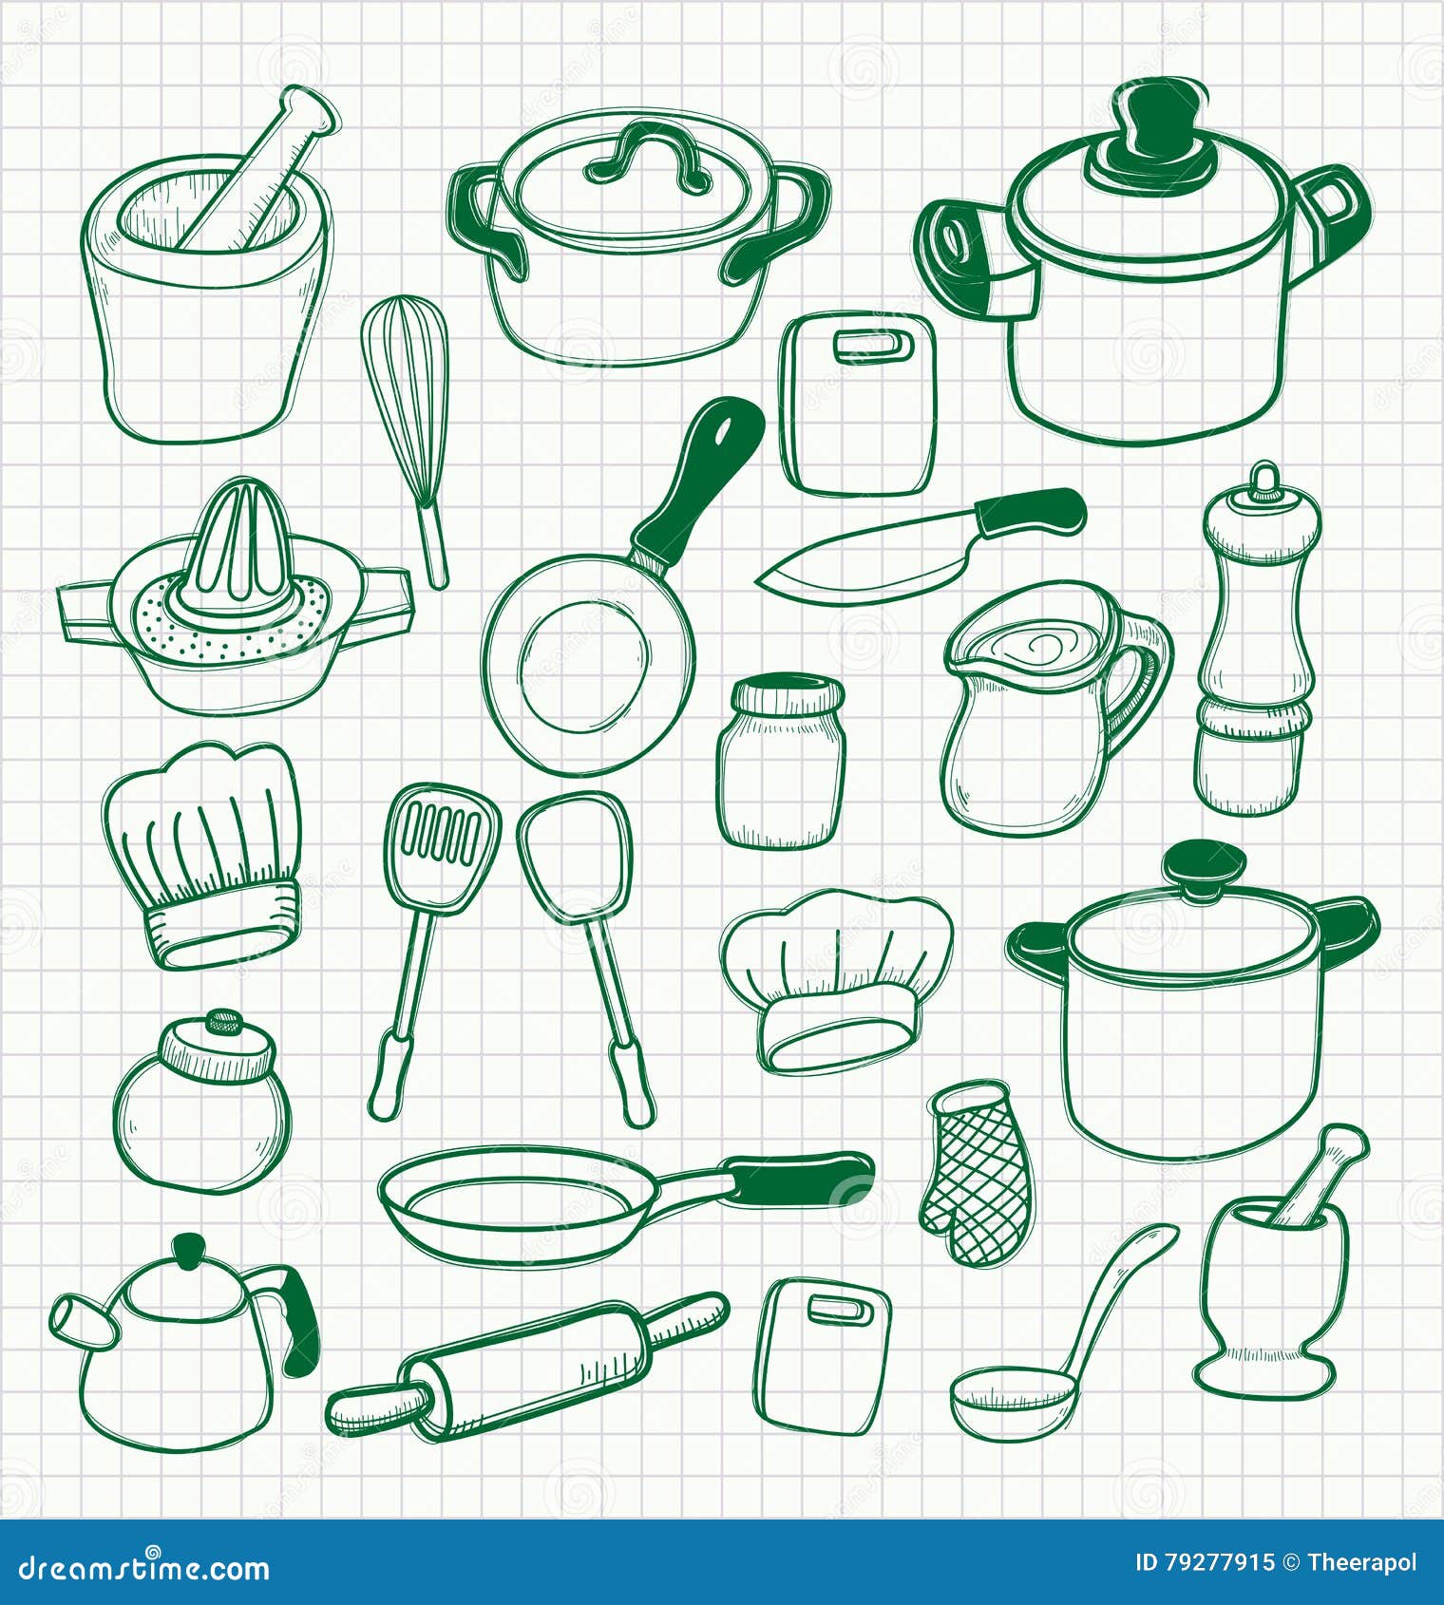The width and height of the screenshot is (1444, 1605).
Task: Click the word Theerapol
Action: click(x=1361, y=1563)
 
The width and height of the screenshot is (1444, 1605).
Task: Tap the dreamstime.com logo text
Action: click(x=142, y=1567)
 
